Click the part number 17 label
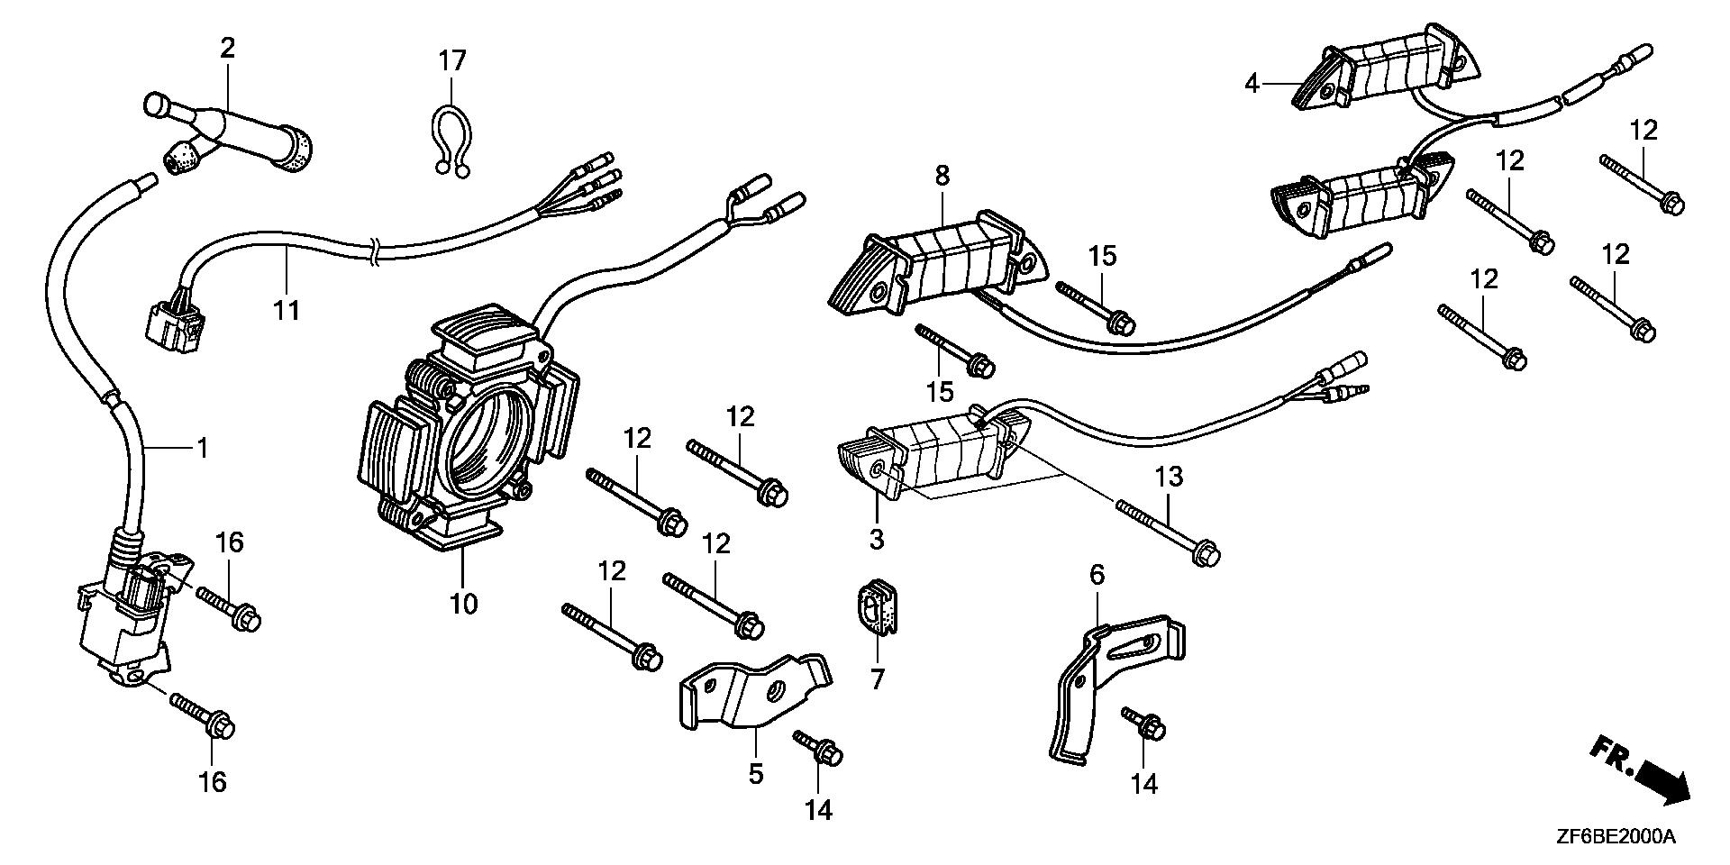pos(452,61)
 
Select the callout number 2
pos(227,48)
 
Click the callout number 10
pos(463,603)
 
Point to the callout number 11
pos(287,310)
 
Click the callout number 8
pos(942,175)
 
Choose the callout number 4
pos(1251,85)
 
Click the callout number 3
pos(876,539)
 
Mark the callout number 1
pos(203,447)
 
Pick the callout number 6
pos(1097,574)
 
